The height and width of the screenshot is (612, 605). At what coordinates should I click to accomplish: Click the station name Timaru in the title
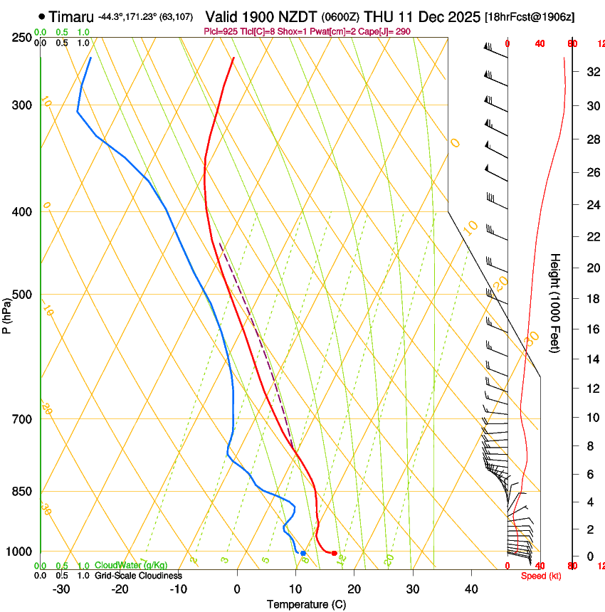[71, 16]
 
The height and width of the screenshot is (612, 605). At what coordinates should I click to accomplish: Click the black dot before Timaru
[42, 16]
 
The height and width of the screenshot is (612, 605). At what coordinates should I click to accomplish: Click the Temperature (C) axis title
[306, 605]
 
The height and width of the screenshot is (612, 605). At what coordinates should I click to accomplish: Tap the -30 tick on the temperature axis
[60, 589]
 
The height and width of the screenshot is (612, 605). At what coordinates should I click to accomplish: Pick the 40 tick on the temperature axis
[470, 589]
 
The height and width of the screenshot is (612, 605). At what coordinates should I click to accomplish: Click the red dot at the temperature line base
[334, 553]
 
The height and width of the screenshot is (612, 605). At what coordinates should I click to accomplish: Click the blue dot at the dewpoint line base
[303, 553]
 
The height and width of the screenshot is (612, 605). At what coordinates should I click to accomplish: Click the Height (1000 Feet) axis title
[555, 302]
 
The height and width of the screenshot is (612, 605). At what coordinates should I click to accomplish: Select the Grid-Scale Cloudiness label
[138, 576]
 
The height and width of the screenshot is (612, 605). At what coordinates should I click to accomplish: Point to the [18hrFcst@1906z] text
[530, 16]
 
